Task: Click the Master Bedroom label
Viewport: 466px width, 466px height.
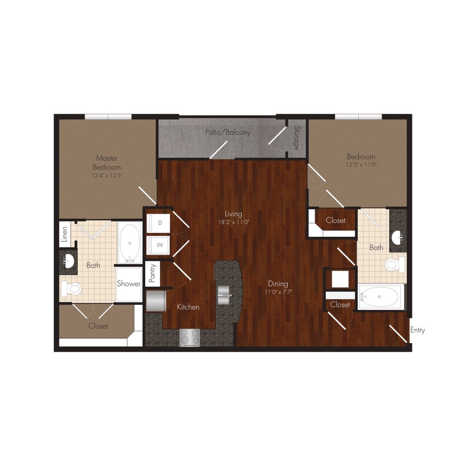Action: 107,162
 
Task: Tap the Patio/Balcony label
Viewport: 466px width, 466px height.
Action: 227,133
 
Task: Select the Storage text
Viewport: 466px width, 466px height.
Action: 296,139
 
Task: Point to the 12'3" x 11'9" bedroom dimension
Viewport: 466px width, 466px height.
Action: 361,165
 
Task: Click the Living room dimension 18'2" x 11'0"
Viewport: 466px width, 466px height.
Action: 233,222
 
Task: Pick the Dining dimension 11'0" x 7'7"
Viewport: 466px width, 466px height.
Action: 277,292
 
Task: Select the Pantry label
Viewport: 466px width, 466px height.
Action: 152,273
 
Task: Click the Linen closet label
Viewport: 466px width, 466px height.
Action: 65,234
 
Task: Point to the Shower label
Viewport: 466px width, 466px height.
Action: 128,284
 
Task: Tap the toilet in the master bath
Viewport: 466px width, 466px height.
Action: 72,288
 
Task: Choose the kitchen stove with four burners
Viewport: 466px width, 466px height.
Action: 189,337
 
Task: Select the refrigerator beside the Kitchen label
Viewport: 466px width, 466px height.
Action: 156,303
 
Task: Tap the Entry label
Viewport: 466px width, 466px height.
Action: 417,330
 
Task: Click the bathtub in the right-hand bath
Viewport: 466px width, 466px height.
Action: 380,298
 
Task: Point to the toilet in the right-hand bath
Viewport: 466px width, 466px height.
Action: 394,265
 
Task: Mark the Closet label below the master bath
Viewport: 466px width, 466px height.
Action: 98,326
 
